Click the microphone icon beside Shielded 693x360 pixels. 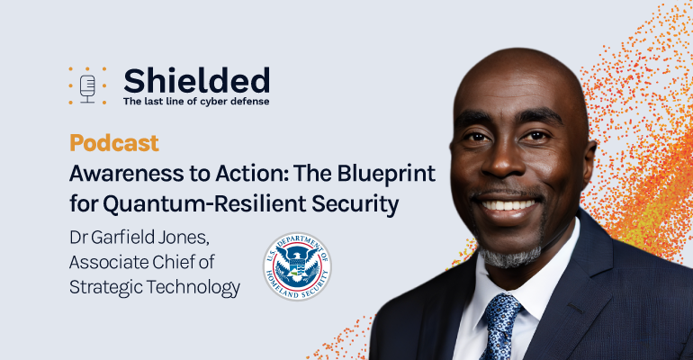87,88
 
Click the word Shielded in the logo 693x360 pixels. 197,80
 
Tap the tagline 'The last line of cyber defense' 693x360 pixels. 196,101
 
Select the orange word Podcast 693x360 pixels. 114,143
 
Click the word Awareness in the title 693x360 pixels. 126,174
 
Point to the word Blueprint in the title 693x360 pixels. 386,175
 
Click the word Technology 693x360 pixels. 193,288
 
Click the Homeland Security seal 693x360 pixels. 297,266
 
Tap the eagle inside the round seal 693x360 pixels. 297,264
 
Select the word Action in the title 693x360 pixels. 250,174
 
